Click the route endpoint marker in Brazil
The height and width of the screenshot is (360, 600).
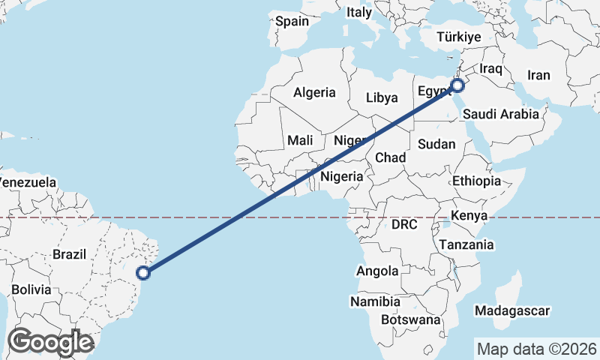(145, 273)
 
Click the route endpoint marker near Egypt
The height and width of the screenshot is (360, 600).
(456, 85)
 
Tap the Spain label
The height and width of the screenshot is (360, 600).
(292, 21)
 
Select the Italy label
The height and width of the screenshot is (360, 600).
(358, 12)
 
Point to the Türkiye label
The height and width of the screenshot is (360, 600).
(458, 37)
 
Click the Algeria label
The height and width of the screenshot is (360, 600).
(314, 93)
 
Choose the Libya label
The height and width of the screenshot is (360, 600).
(381, 97)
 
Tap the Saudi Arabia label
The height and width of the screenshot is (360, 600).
(500, 114)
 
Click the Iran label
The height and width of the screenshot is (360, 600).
(538, 75)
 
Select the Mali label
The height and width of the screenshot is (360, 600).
(300, 140)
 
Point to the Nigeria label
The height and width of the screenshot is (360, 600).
(341, 177)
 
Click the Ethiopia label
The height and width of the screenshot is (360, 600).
(476, 181)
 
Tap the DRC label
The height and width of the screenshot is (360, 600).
(403, 224)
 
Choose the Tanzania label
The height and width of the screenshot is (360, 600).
(466, 244)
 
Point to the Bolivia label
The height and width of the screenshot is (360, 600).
(31, 289)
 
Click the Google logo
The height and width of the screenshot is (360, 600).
(50, 342)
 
